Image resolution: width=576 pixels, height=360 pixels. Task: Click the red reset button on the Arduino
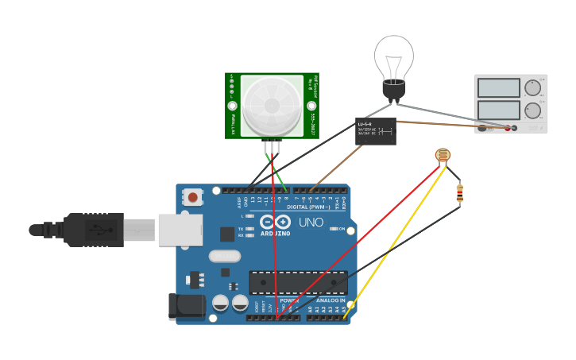(192, 196)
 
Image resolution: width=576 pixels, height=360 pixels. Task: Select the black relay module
(375, 131)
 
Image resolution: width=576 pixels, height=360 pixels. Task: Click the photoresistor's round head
(443, 156)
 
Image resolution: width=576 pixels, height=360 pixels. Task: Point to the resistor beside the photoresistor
(459, 192)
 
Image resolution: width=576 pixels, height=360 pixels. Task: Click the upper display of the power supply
(497, 87)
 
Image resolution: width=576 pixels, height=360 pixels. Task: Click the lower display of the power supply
(497, 109)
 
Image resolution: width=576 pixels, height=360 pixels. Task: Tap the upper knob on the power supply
(532, 87)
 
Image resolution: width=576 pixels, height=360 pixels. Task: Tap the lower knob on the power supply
(532, 110)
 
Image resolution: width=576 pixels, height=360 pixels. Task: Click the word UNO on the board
(311, 223)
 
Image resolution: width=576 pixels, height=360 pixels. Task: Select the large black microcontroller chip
(298, 282)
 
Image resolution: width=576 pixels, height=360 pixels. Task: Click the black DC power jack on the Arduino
(186, 307)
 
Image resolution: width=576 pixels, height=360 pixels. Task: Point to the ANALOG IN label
(331, 300)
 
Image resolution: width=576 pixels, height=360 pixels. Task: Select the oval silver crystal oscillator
(225, 256)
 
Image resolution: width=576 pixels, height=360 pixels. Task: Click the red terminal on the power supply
(507, 128)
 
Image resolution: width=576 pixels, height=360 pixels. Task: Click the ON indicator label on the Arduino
(341, 229)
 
